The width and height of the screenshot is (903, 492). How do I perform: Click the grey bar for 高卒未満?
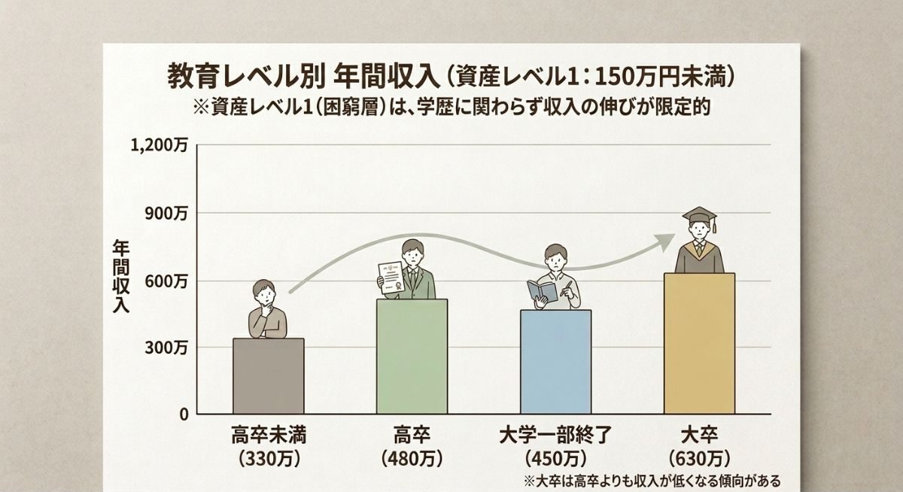pos(269,376)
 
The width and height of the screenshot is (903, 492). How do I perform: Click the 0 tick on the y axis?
pos(183,415)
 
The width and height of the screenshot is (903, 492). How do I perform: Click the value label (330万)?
pos(268,457)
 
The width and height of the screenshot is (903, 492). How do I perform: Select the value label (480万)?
pos(412,457)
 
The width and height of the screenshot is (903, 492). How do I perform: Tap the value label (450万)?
pos(555,457)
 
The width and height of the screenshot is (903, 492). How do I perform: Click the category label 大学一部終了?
pos(555,435)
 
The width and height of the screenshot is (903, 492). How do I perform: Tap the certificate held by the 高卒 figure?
pos(391,277)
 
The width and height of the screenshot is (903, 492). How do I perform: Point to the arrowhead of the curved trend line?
pos(666,241)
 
